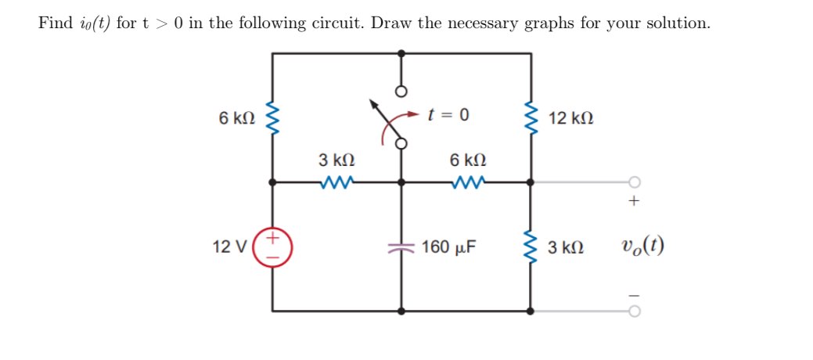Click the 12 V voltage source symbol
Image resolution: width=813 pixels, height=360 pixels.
(273, 247)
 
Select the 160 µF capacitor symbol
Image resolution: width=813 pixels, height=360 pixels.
(401, 247)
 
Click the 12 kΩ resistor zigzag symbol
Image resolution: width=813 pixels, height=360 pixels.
(532, 118)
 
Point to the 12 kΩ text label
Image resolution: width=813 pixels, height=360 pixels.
(571, 118)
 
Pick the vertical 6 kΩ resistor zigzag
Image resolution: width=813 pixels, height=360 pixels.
(273, 118)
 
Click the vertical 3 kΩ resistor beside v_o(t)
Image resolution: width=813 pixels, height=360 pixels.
(532, 247)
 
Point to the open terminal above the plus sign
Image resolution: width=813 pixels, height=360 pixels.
(635, 182)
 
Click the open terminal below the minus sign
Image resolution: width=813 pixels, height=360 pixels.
(635, 311)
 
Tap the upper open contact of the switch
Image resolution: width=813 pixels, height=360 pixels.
(401, 91)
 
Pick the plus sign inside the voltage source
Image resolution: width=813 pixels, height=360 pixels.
(274, 236)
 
